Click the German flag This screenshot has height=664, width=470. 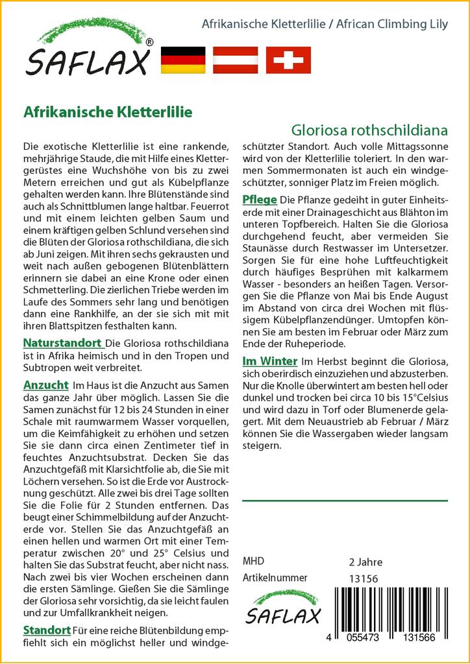(182, 60)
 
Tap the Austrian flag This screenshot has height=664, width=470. (236, 60)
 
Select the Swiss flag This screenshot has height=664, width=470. (288, 60)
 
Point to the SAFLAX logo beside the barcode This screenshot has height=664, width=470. (282, 608)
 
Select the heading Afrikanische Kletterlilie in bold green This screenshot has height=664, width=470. (107, 112)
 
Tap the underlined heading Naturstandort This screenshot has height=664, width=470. (62, 343)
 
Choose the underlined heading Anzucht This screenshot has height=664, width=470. (45, 385)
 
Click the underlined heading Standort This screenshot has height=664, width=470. (47, 630)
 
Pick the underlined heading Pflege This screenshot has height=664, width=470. (260, 199)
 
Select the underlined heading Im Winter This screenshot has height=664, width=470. (269, 361)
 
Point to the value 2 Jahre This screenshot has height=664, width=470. (366, 562)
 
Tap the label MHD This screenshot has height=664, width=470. (253, 562)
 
